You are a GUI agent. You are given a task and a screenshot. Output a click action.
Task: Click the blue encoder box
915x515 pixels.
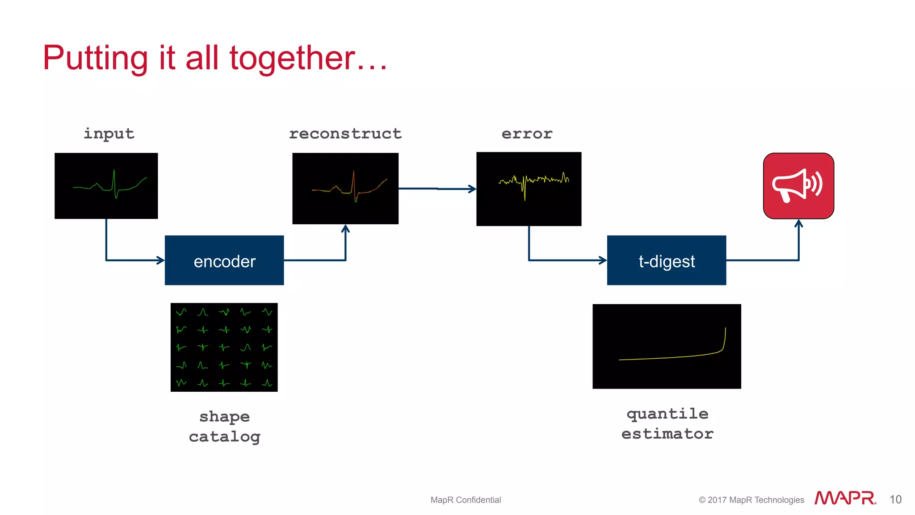coord(224,260)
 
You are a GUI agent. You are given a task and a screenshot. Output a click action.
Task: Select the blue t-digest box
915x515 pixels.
coord(666,260)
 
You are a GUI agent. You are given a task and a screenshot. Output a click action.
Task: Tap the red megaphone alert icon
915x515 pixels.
coord(798,186)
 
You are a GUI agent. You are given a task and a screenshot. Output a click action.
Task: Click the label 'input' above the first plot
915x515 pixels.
coord(109,134)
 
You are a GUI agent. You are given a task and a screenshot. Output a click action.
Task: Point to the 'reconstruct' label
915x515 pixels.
coord(345,134)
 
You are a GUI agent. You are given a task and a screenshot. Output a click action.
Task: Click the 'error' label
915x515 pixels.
coord(527,134)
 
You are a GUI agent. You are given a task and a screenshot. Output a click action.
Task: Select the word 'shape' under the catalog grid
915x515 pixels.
coord(224,417)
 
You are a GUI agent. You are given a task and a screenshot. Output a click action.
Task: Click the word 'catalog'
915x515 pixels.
coord(224,436)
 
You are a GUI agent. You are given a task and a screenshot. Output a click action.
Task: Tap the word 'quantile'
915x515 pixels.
coord(667,414)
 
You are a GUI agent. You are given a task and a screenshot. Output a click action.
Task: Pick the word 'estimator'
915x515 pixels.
coord(667,434)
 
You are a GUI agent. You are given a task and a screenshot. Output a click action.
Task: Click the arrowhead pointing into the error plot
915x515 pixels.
coord(472,189)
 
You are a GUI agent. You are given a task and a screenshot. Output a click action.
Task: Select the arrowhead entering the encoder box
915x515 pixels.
coord(160,260)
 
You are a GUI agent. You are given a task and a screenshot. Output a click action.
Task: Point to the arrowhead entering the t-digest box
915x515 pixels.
coord(603,260)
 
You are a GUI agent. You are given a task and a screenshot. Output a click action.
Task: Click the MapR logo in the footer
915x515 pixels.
coord(845,498)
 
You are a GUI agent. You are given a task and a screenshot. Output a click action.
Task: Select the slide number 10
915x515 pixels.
coord(895,499)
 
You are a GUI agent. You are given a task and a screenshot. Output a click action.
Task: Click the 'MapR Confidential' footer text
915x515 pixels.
coord(466,500)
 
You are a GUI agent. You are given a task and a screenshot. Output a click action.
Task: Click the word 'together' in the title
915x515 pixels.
coord(293,58)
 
